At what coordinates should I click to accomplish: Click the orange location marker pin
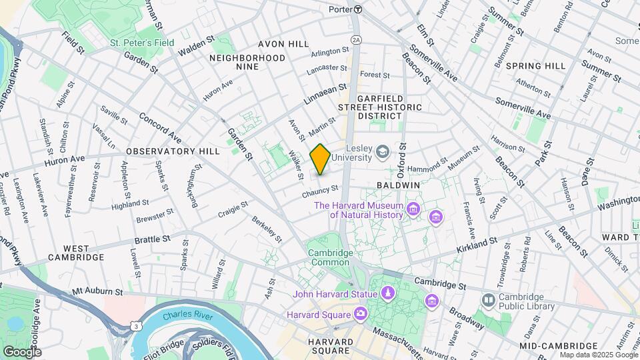click(320, 159)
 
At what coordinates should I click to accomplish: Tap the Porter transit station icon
click(358, 9)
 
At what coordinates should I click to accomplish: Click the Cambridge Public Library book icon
click(489, 301)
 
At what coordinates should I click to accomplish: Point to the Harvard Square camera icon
click(360, 313)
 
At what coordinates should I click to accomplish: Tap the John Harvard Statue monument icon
click(387, 294)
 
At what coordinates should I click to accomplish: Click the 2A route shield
click(356, 40)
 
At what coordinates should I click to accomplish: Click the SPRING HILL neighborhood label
click(535, 65)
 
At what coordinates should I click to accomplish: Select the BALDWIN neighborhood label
click(398, 184)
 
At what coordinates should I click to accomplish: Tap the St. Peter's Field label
click(142, 43)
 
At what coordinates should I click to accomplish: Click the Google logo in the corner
click(22, 351)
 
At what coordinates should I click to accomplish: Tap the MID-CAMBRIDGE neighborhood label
click(559, 345)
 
